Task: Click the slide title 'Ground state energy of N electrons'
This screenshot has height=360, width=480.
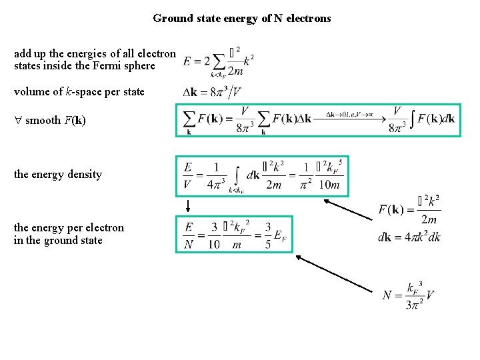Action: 241,19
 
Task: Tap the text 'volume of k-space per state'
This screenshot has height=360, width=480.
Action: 79,91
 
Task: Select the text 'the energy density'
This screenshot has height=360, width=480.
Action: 58,175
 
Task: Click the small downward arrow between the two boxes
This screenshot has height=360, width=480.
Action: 187,206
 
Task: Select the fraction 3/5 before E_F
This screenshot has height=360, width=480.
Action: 267,234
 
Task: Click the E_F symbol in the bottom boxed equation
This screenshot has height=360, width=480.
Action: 282,234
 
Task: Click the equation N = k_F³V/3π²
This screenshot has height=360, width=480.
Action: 409,294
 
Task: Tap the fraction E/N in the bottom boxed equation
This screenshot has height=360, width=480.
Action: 189,234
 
